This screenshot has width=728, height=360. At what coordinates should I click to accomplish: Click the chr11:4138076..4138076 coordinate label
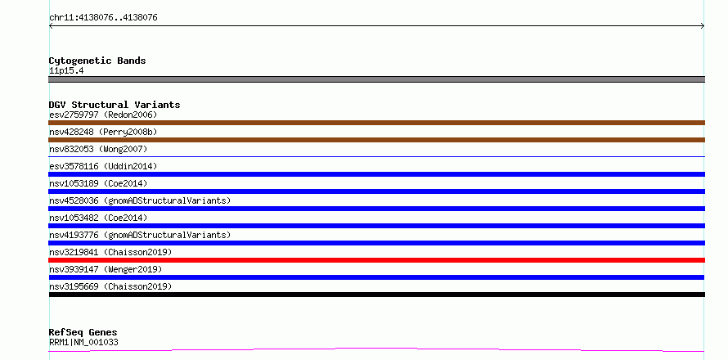(x=103, y=18)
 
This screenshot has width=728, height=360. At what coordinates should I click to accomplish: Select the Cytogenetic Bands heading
(x=97, y=61)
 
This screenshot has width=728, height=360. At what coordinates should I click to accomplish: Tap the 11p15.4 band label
(x=66, y=71)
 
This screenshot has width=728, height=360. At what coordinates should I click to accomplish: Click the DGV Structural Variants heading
(x=115, y=105)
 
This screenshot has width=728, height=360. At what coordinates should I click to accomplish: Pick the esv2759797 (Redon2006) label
(x=103, y=115)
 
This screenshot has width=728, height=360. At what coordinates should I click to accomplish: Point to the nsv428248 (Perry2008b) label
(x=103, y=132)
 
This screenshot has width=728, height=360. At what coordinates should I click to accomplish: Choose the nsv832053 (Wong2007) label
(x=98, y=149)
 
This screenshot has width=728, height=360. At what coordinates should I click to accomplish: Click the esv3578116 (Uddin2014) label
(x=103, y=166)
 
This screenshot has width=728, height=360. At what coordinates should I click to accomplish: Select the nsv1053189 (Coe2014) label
(x=98, y=183)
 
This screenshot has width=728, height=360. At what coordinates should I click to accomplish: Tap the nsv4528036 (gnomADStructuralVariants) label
(x=140, y=200)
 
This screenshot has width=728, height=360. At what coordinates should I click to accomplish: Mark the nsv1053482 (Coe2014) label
(x=98, y=218)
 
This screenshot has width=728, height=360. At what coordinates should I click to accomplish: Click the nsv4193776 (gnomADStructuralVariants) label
(x=140, y=235)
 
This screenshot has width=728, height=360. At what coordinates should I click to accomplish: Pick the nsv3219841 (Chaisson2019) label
(x=110, y=252)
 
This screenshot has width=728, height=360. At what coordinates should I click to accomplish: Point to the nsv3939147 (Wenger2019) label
(x=106, y=269)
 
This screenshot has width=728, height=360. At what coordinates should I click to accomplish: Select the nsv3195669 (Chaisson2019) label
(x=110, y=286)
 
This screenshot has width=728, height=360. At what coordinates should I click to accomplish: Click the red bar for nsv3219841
(x=376, y=260)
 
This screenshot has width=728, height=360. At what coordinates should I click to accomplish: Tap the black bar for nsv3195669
(x=376, y=295)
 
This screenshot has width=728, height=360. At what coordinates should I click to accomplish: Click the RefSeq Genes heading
(x=83, y=332)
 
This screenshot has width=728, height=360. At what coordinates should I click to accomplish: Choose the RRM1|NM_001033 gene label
(x=83, y=342)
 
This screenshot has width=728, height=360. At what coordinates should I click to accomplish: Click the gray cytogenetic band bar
(x=376, y=79)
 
